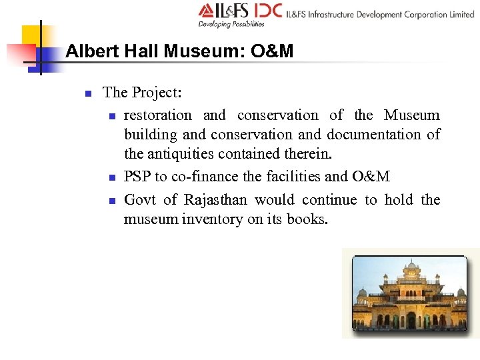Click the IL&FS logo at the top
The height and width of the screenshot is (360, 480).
tap(224, 11)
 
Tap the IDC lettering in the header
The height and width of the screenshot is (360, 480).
tap(267, 11)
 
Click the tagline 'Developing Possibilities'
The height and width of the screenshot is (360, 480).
tap(231, 25)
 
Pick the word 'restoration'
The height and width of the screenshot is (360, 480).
tap(157, 115)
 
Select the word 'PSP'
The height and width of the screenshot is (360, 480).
tap(137, 177)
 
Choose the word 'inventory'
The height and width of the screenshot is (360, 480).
tap(212, 219)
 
